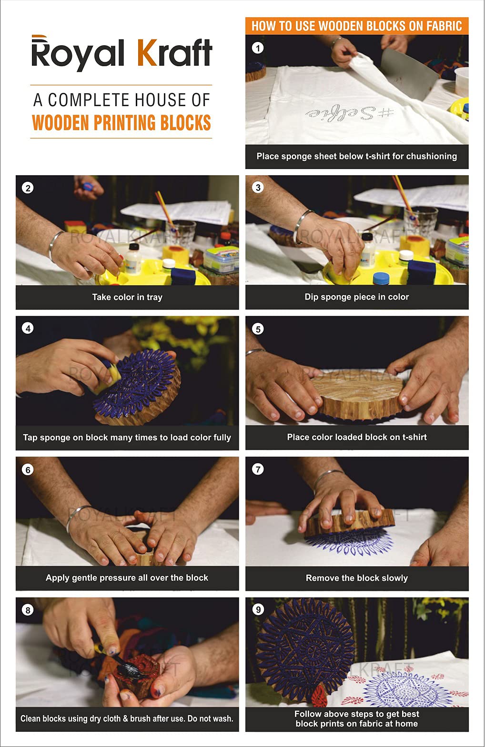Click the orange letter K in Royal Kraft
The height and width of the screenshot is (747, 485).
point(147,53)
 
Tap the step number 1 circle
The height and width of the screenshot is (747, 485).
point(257,49)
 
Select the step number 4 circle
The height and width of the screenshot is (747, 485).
point(28,329)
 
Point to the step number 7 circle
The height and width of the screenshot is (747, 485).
point(258,469)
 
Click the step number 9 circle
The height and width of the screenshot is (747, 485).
point(258,610)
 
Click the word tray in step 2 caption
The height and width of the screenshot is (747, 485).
point(154,297)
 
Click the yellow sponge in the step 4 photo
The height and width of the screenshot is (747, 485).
point(109,378)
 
